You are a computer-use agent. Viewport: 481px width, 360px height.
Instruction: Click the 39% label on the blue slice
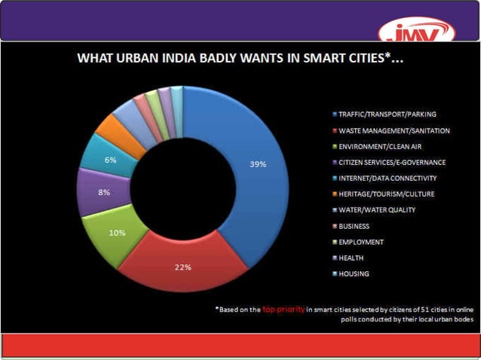pyautogui.click(x=257, y=164)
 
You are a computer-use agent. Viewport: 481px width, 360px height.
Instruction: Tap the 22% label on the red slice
pyautogui.click(x=182, y=267)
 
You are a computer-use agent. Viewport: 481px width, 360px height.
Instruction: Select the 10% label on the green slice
pyautogui.click(x=117, y=233)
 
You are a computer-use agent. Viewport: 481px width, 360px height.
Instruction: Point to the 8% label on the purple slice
pyautogui.click(x=104, y=192)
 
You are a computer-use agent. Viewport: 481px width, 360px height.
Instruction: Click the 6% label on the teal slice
pyautogui.click(x=110, y=160)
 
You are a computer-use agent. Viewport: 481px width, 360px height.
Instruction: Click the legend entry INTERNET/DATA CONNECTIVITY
pyautogui.click(x=382, y=178)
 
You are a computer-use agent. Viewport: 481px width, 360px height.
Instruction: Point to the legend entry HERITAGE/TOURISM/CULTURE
pyautogui.click(x=381, y=194)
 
